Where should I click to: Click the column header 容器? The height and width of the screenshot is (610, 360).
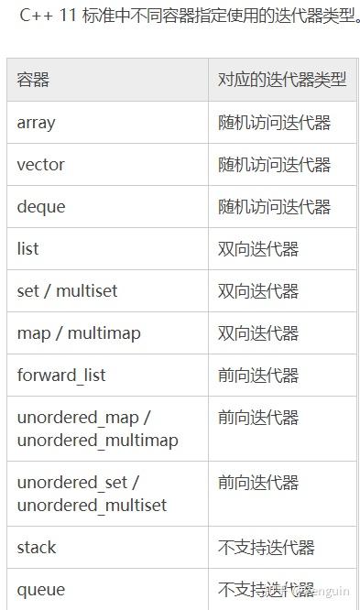click(33, 80)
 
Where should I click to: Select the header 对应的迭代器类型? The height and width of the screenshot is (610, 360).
click(281, 80)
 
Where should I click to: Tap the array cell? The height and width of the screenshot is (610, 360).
click(36, 122)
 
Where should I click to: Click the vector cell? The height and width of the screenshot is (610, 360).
click(40, 165)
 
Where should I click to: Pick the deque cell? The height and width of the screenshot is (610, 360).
click(41, 207)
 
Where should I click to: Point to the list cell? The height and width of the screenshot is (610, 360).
click(27, 249)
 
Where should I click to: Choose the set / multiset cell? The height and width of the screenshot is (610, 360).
click(67, 291)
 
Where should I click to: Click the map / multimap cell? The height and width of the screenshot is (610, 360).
click(79, 333)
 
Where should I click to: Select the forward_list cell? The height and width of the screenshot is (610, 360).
click(61, 376)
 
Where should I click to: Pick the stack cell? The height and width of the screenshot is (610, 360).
click(37, 548)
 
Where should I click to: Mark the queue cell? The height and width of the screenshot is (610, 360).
click(40, 590)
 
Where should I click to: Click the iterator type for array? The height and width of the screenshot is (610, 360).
click(274, 122)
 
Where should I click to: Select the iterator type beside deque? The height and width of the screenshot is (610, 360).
click(274, 207)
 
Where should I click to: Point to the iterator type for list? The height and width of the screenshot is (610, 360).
click(258, 249)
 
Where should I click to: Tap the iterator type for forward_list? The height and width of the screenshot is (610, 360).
click(258, 376)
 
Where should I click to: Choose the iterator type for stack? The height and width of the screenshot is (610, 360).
click(266, 548)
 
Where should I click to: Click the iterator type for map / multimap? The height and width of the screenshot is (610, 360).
click(258, 333)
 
